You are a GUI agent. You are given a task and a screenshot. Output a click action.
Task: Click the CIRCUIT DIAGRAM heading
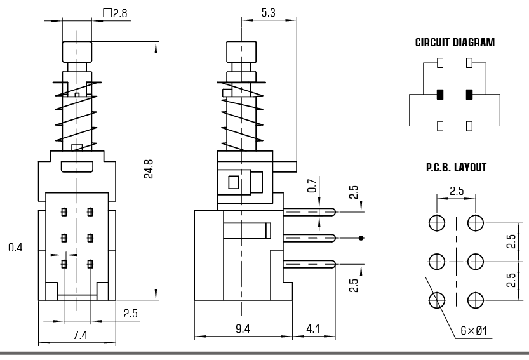(x=454, y=44)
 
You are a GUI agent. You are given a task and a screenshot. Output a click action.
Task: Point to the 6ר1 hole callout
(x=473, y=331)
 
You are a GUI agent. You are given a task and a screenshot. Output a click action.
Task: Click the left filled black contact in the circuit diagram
(x=439, y=95)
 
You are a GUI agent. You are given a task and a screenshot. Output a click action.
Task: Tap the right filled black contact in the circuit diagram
(x=469, y=95)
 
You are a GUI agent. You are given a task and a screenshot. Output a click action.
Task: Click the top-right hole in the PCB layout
(x=476, y=222)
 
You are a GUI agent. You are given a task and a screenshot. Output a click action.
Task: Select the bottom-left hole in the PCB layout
(x=437, y=300)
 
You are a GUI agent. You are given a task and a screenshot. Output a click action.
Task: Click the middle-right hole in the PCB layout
(x=476, y=261)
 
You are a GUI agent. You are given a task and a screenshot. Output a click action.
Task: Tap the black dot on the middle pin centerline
(x=361, y=238)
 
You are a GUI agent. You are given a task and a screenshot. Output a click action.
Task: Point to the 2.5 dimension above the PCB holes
(x=456, y=190)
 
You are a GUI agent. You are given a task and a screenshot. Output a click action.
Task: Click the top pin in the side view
(x=311, y=213)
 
